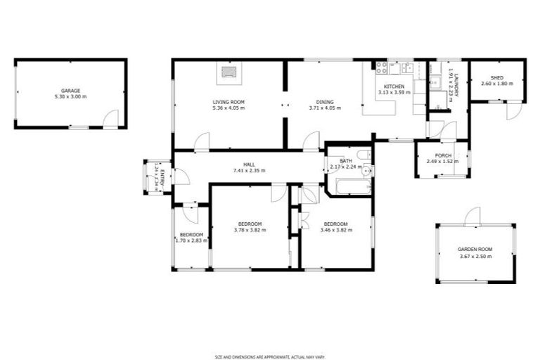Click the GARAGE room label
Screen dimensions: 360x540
(70, 91)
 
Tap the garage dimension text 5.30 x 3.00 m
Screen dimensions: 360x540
(70, 97)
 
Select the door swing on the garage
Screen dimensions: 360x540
(110, 120)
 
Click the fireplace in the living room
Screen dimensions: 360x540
(226, 71)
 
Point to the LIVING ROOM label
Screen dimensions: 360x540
(229, 102)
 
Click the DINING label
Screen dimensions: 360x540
(324, 102)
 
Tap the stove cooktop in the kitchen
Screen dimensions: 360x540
(382, 68)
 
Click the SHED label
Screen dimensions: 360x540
(497, 77)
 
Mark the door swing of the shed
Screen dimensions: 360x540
(514, 111)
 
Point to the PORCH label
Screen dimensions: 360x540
(443, 155)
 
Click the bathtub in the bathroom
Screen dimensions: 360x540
(349, 188)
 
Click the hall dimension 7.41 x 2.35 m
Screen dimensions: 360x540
(248, 171)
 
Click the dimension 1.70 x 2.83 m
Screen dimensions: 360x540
(191, 240)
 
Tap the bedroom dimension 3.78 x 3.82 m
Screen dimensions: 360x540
(250, 230)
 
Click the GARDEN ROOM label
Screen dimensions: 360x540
(475, 250)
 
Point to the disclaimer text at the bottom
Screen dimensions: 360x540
(269, 337)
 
